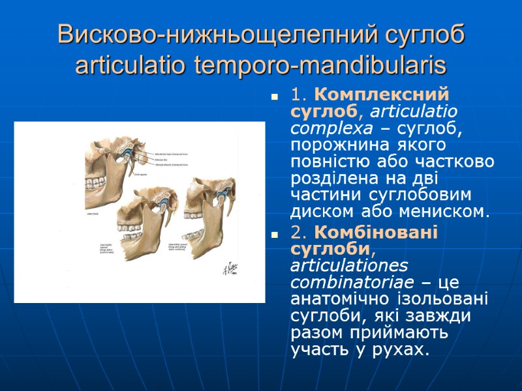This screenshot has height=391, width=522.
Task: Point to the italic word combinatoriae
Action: pos(339,283)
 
